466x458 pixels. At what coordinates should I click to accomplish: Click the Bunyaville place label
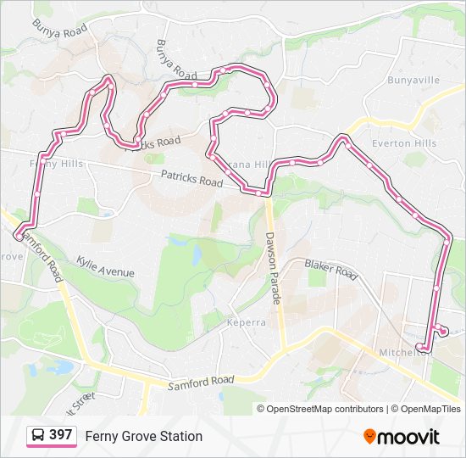click(x=413, y=80)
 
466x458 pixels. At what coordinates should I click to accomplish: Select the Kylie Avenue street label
click(x=105, y=266)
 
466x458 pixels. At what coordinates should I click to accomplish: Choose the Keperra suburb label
click(x=247, y=322)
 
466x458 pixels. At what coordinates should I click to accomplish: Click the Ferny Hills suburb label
click(x=56, y=163)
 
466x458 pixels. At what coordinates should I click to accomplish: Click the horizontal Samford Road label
click(x=200, y=383)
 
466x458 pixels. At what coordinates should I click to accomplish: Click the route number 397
click(x=60, y=435)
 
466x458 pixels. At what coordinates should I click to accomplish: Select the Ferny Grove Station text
click(x=144, y=436)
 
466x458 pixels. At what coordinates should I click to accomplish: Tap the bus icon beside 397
click(x=38, y=436)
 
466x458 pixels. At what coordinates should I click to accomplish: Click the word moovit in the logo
click(x=408, y=437)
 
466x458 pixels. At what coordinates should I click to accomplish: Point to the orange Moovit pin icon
click(x=369, y=437)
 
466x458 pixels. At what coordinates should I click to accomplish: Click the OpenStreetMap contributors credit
click(x=325, y=409)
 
